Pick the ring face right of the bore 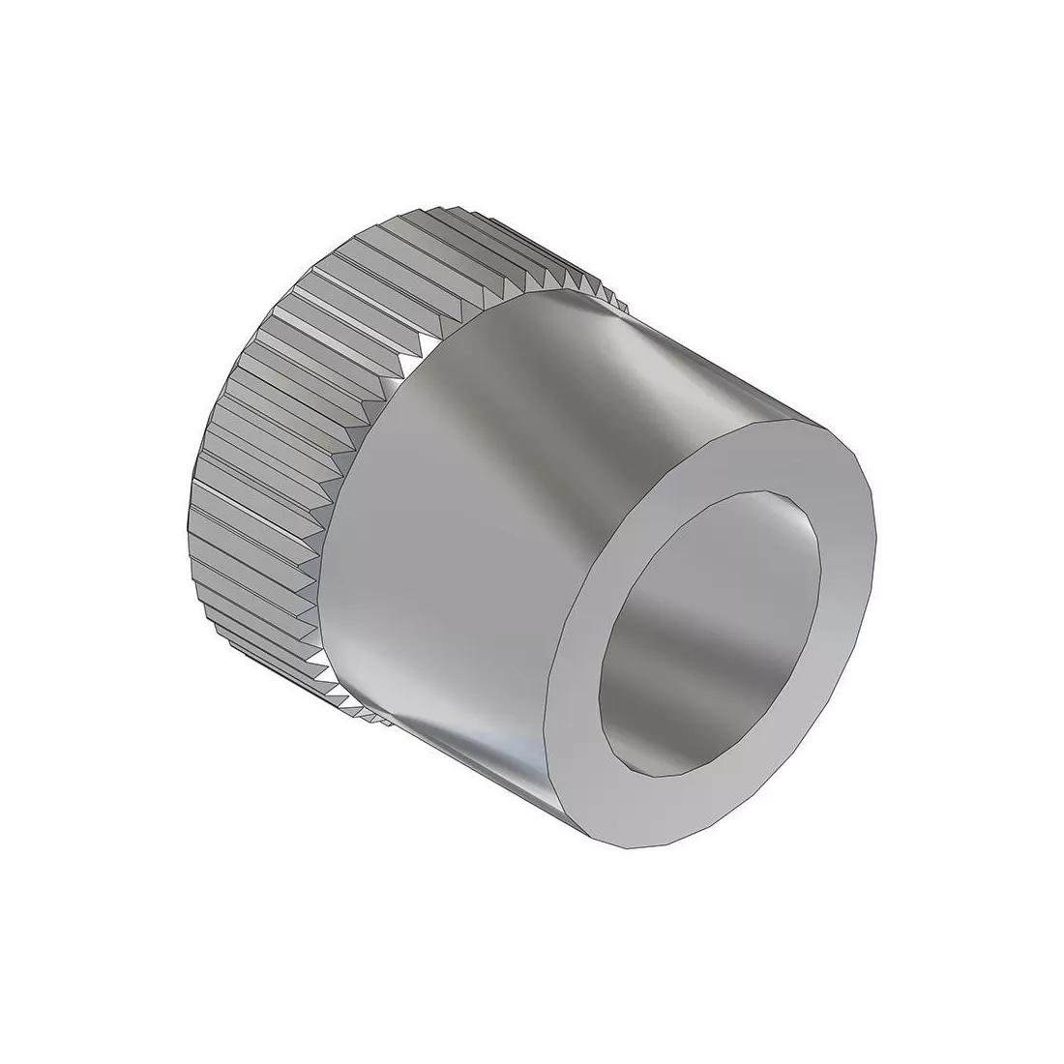pyautogui.click(x=846, y=580)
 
